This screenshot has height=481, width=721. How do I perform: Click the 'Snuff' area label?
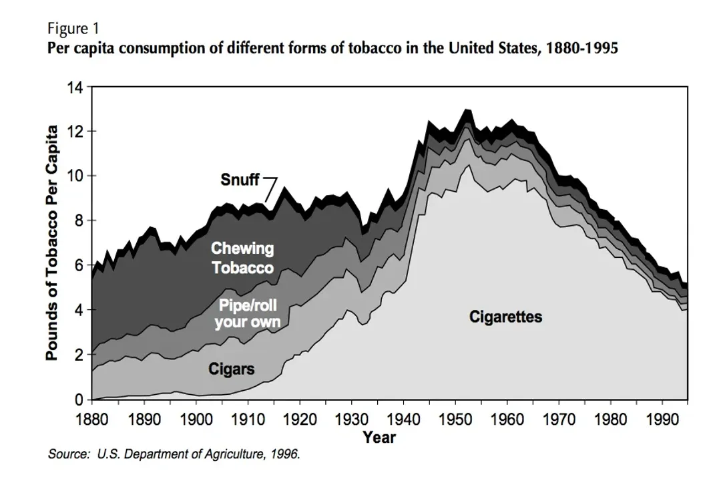click(239, 180)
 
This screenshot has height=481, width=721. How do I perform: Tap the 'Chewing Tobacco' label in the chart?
click(242, 258)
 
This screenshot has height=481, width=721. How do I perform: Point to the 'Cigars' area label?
click(231, 369)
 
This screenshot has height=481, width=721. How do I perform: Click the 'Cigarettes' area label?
click(505, 316)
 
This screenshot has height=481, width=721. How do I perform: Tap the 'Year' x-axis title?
click(379, 438)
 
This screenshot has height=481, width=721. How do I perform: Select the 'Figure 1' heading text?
click(73, 29)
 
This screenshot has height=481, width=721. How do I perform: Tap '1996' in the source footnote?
click(286, 454)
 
